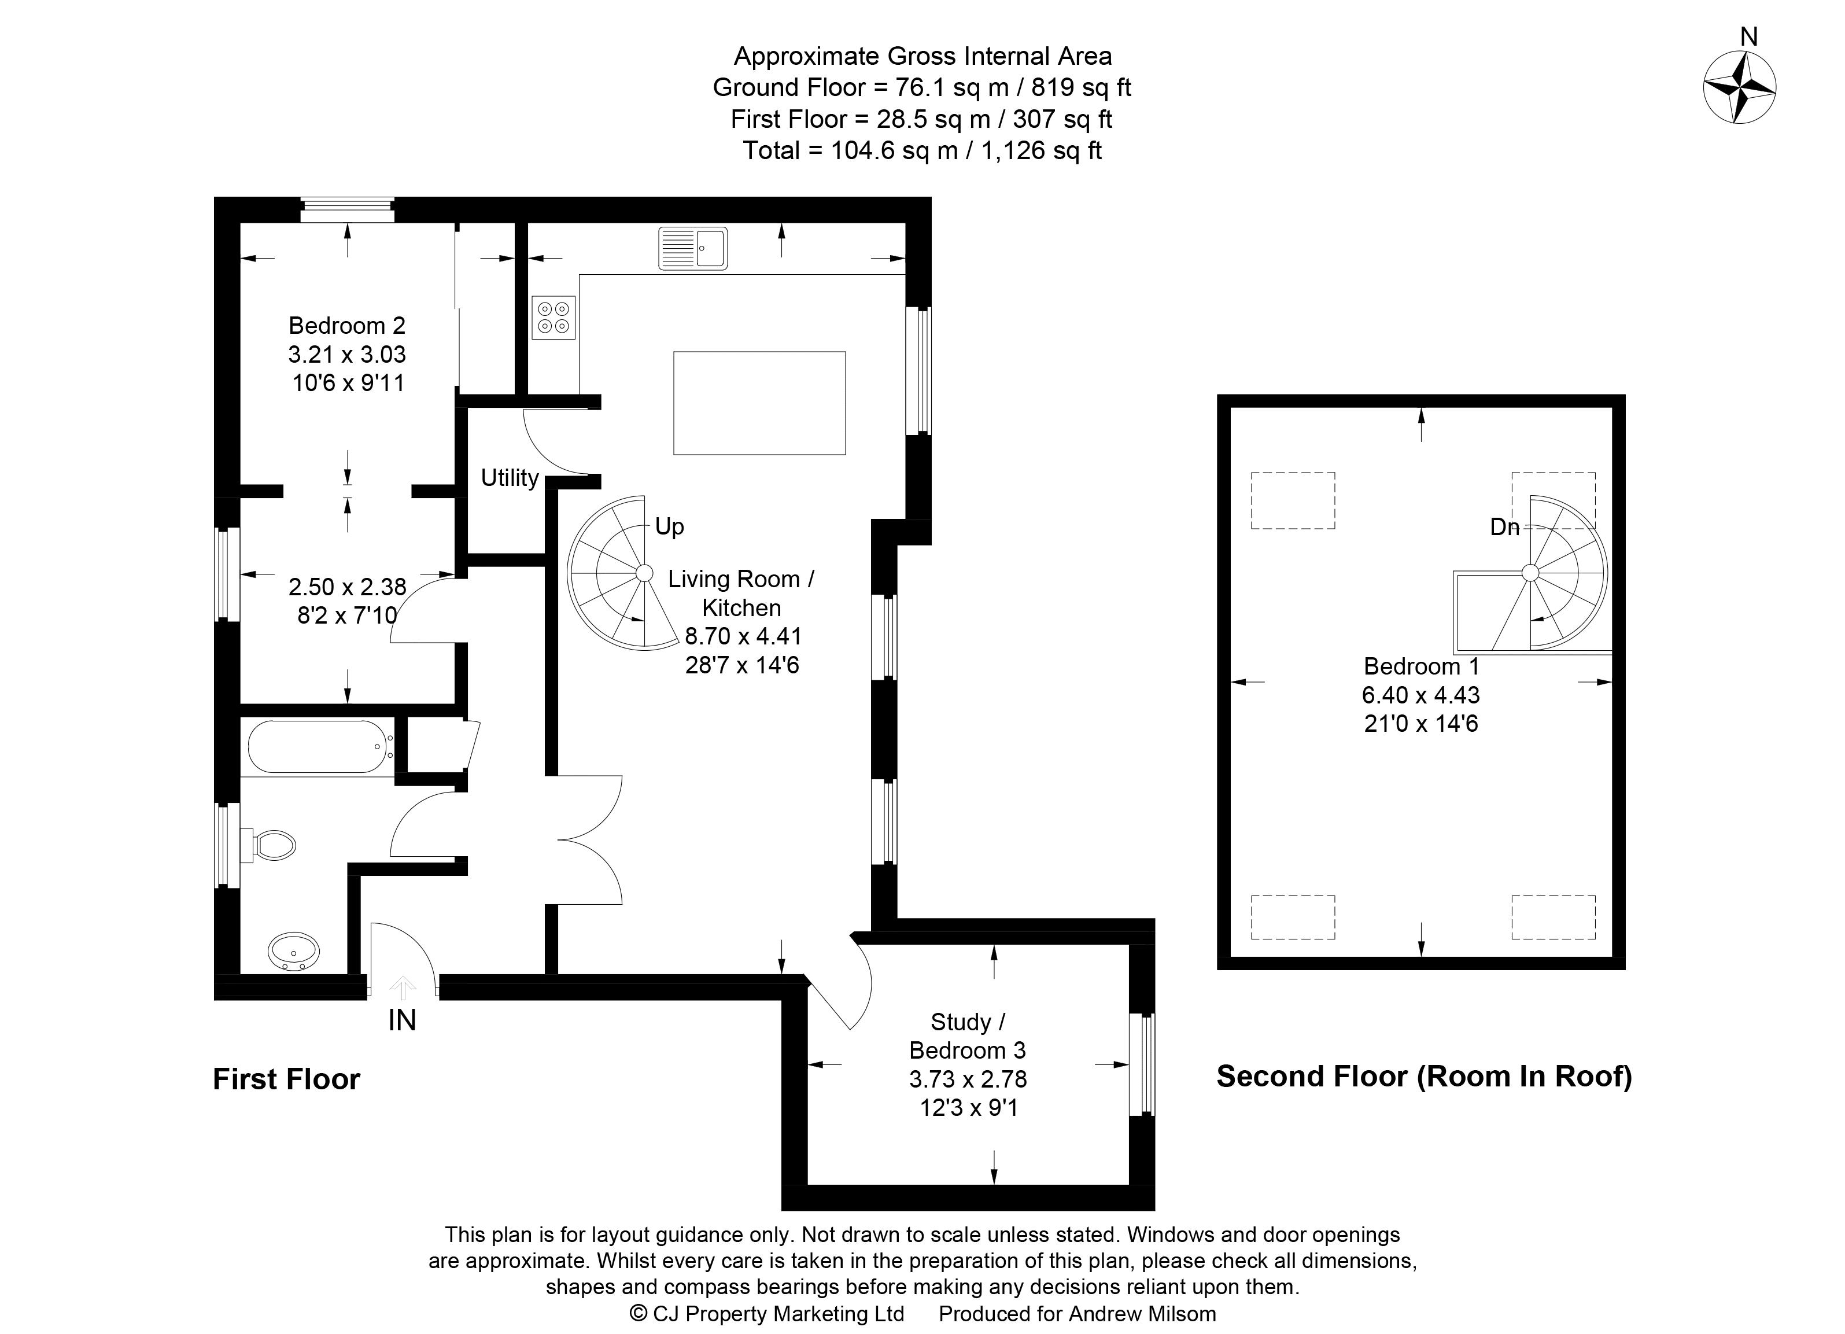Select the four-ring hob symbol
tap(553, 317)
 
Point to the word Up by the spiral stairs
tap(670, 526)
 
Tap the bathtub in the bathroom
tap(318, 746)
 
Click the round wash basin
tap(294, 950)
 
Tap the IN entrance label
tap(402, 1019)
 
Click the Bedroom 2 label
tap(346, 325)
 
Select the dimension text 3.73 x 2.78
tap(968, 1079)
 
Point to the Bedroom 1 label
tap(1420, 666)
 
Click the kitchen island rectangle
tap(759, 403)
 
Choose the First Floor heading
tap(286, 1079)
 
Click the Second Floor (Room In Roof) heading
tap(1423, 1076)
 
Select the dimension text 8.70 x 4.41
tap(743, 636)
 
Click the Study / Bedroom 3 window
tap(1142, 1064)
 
